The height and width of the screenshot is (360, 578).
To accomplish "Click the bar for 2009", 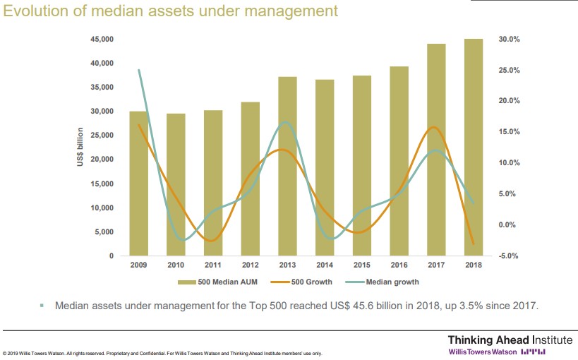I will coord(138,184).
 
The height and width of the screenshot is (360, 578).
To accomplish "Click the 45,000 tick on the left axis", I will coord(102,39).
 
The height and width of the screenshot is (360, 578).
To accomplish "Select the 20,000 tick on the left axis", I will coord(102,160).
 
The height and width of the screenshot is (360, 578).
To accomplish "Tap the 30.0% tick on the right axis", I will coord(509,39).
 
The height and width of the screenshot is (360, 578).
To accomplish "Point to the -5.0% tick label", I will coord(509,256).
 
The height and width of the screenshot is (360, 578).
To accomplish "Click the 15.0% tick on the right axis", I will coord(509,132).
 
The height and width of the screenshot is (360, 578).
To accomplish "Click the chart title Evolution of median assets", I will coord(170,12).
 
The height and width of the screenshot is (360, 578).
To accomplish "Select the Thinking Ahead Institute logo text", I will coord(500,340).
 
